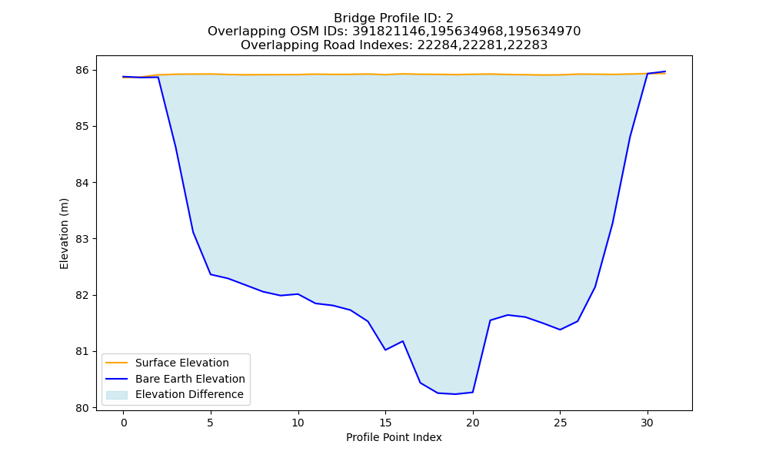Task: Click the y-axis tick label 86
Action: click(x=82, y=71)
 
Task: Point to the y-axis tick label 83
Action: click(x=82, y=239)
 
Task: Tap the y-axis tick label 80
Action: click(x=82, y=408)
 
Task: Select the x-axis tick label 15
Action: click(x=385, y=423)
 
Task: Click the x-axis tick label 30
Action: click(x=647, y=423)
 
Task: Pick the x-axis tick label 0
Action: click(x=124, y=423)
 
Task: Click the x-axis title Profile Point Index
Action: click(x=394, y=437)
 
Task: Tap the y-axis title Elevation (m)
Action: click(x=65, y=234)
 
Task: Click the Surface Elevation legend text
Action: click(x=182, y=363)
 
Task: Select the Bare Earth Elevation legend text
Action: click(x=190, y=379)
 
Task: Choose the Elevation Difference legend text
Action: click(x=189, y=394)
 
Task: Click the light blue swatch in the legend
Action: click(x=117, y=395)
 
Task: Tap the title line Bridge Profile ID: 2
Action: click(x=394, y=18)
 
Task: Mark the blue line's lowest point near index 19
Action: click(x=455, y=394)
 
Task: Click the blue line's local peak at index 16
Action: click(x=403, y=341)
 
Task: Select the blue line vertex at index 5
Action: click(x=211, y=274)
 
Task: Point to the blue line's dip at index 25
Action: click(x=560, y=330)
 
